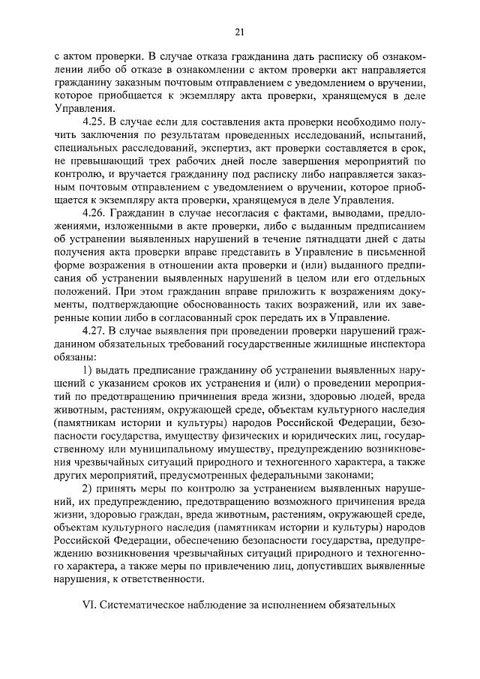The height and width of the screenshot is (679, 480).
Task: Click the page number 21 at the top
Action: pyautogui.click(x=239, y=32)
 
